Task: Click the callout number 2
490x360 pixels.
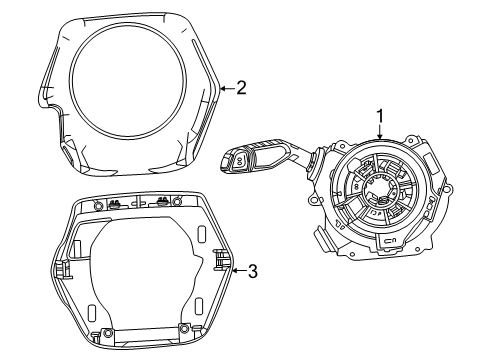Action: [x=241, y=88]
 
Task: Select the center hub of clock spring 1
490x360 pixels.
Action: [x=379, y=191]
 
